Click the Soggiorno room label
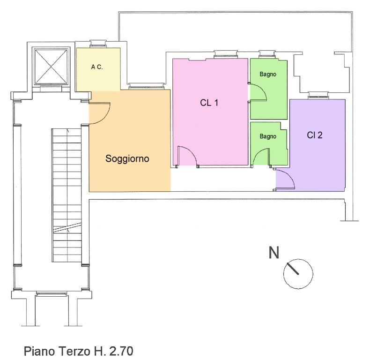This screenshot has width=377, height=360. coord(127,159)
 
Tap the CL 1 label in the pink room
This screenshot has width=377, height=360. coord(209,103)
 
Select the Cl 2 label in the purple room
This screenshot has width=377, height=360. coord(315,135)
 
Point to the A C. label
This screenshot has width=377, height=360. coord(97,67)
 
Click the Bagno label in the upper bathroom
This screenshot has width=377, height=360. coord(268,75)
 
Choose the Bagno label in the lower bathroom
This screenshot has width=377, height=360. coord(268,136)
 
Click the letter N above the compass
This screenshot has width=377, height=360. coord(274,253)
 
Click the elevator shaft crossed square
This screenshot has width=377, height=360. coord(51,67)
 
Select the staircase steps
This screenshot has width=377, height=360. coord(67,195)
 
